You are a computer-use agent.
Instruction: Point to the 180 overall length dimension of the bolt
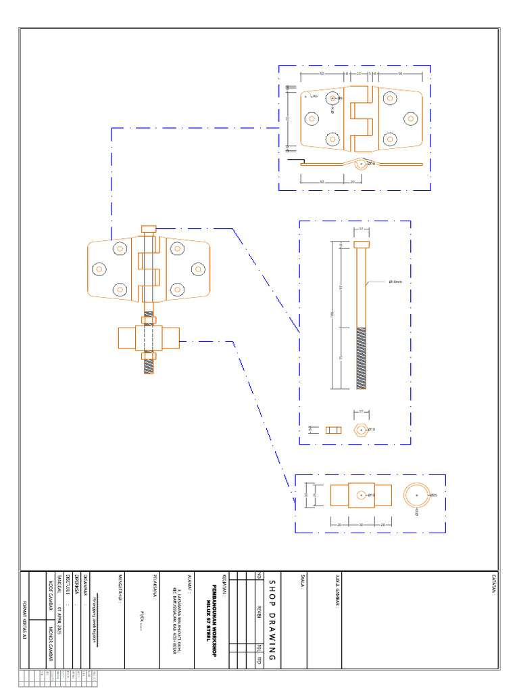pyautogui.click(x=332, y=315)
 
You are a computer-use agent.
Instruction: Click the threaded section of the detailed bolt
pyautogui.click(x=362, y=357)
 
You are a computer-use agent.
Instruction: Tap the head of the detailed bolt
pyautogui.click(x=362, y=244)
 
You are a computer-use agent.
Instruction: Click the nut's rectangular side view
pyautogui.click(x=332, y=430)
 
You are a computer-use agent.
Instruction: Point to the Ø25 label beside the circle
pyautogui.click(x=433, y=495)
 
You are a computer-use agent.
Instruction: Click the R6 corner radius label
pyautogui.click(x=314, y=97)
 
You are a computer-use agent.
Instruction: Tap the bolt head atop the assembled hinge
pyautogui.click(x=149, y=229)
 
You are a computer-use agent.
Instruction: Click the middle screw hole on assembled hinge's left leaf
pyautogui.click(x=99, y=269)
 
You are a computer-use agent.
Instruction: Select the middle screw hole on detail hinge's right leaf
pyautogui.click(x=411, y=119)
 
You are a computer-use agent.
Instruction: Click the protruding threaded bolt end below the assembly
pyautogui.click(x=149, y=366)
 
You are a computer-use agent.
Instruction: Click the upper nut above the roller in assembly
pyautogui.click(x=149, y=320)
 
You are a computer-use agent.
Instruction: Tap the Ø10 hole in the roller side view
pyautogui.click(x=361, y=495)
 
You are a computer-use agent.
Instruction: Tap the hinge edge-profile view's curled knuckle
pyautogui.click(x=362, y=164)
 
